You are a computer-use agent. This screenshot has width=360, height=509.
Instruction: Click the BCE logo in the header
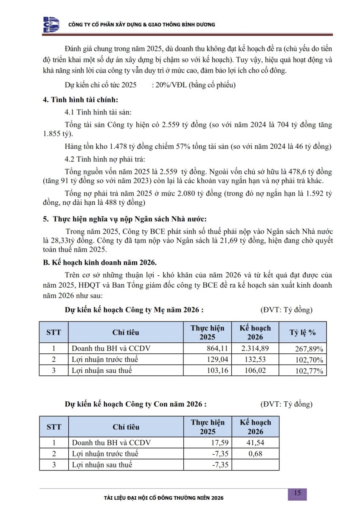coord(51,25)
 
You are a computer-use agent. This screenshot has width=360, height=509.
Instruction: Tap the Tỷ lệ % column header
coord(303,333)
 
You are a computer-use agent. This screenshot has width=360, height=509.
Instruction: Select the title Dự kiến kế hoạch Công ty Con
coord(136,404)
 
